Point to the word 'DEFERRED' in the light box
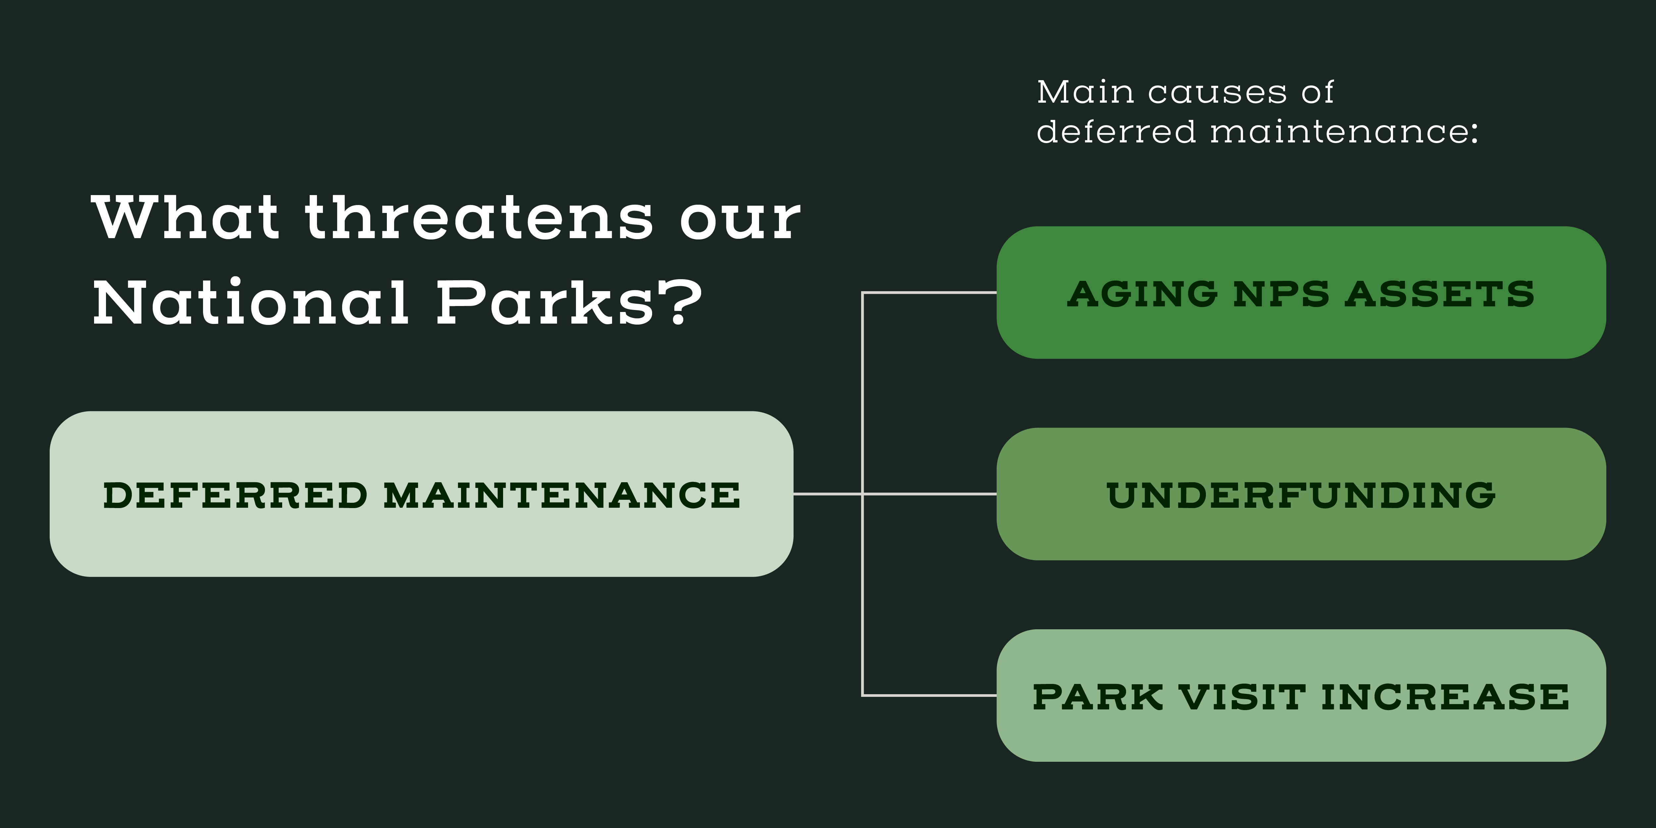[235, 495]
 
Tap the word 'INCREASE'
[1445, 697]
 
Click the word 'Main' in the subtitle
[1085, 92]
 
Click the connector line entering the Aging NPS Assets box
[929, 292]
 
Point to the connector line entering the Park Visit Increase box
[929, 695]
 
